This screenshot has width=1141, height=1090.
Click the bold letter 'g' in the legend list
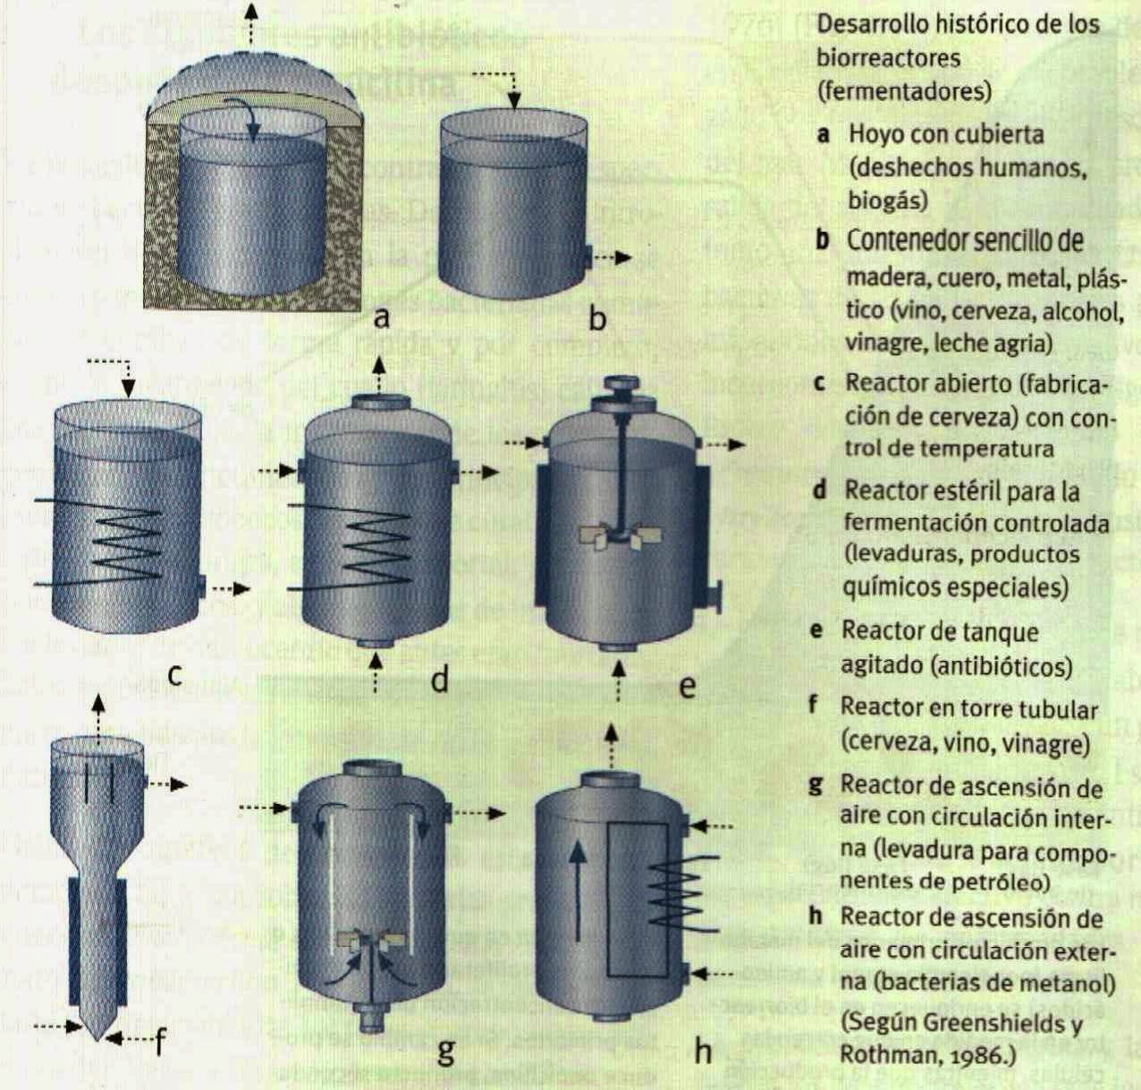click(815, 785)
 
